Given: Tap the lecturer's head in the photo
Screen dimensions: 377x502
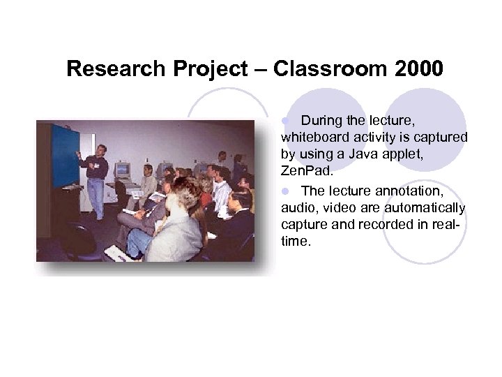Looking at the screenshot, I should (100, 150).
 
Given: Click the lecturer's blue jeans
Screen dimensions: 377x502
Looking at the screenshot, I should (96, 196).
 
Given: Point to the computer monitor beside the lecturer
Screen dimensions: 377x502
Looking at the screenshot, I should (123, 169).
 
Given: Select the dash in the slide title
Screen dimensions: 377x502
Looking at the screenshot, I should (259, 70).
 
